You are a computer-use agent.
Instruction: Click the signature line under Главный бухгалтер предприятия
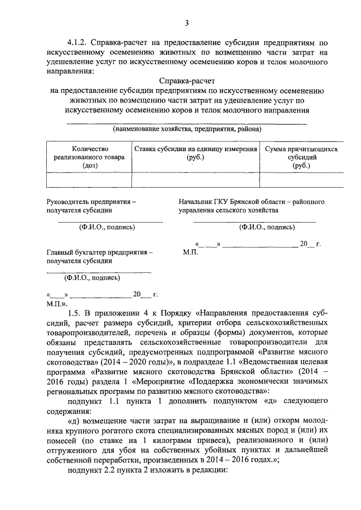pyautogui.click(x=99, y=272)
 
